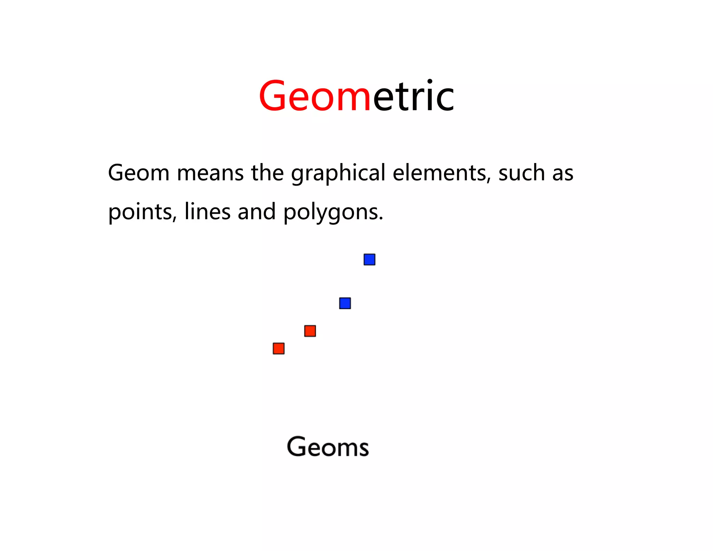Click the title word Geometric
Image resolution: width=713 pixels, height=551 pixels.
pos(356,96)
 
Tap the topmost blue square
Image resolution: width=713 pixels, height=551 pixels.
pos(369,259)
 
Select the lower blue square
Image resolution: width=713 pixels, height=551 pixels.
pos(345,303)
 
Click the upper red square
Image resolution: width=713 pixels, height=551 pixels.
pos(310,331)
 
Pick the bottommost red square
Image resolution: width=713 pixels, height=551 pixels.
pos(279,348)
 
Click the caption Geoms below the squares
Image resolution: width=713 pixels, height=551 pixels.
pos(328,447)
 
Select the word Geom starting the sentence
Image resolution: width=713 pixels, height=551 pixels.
pos(139,173)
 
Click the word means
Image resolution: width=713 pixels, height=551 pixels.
pos(210,173)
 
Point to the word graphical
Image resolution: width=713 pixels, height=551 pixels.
pos(338,173)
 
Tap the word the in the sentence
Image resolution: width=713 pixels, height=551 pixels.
pos(267,173)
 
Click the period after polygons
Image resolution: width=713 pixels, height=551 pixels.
pos(381,219)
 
